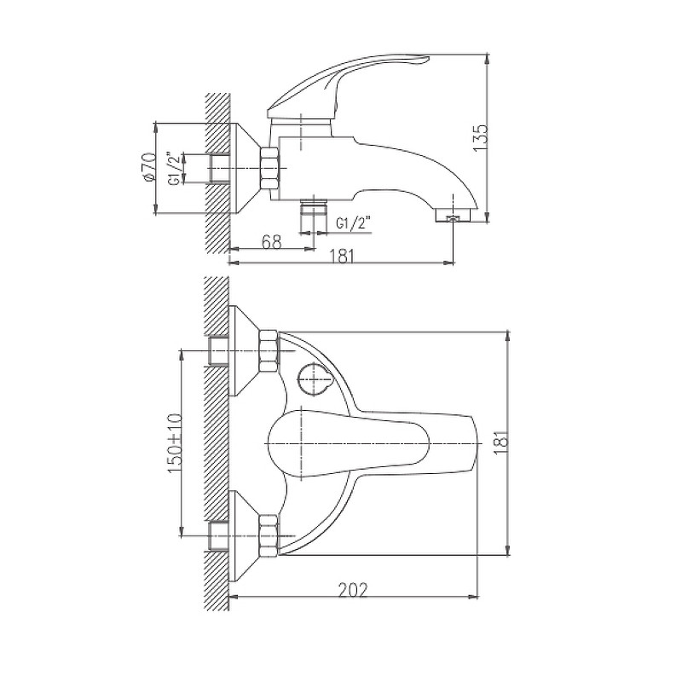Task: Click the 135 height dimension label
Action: click(x=481, y=138)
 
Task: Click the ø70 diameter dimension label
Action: click(x=148, y=165)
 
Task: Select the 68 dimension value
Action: click(x=271, y=241)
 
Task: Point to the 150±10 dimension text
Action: click(x=175, y=443)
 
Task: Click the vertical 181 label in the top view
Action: click(x=501, y=443)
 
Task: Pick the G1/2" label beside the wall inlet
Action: click(x=174, y=168)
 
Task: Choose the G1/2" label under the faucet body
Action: click(x=353, y=224)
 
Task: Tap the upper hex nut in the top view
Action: click(x=268, y=351)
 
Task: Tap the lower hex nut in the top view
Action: click(x=268, y=535)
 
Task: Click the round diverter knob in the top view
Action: click(x=314, y=378)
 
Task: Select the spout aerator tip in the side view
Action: click(x=453, y=216)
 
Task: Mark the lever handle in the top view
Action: click(x=374, y=443)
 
